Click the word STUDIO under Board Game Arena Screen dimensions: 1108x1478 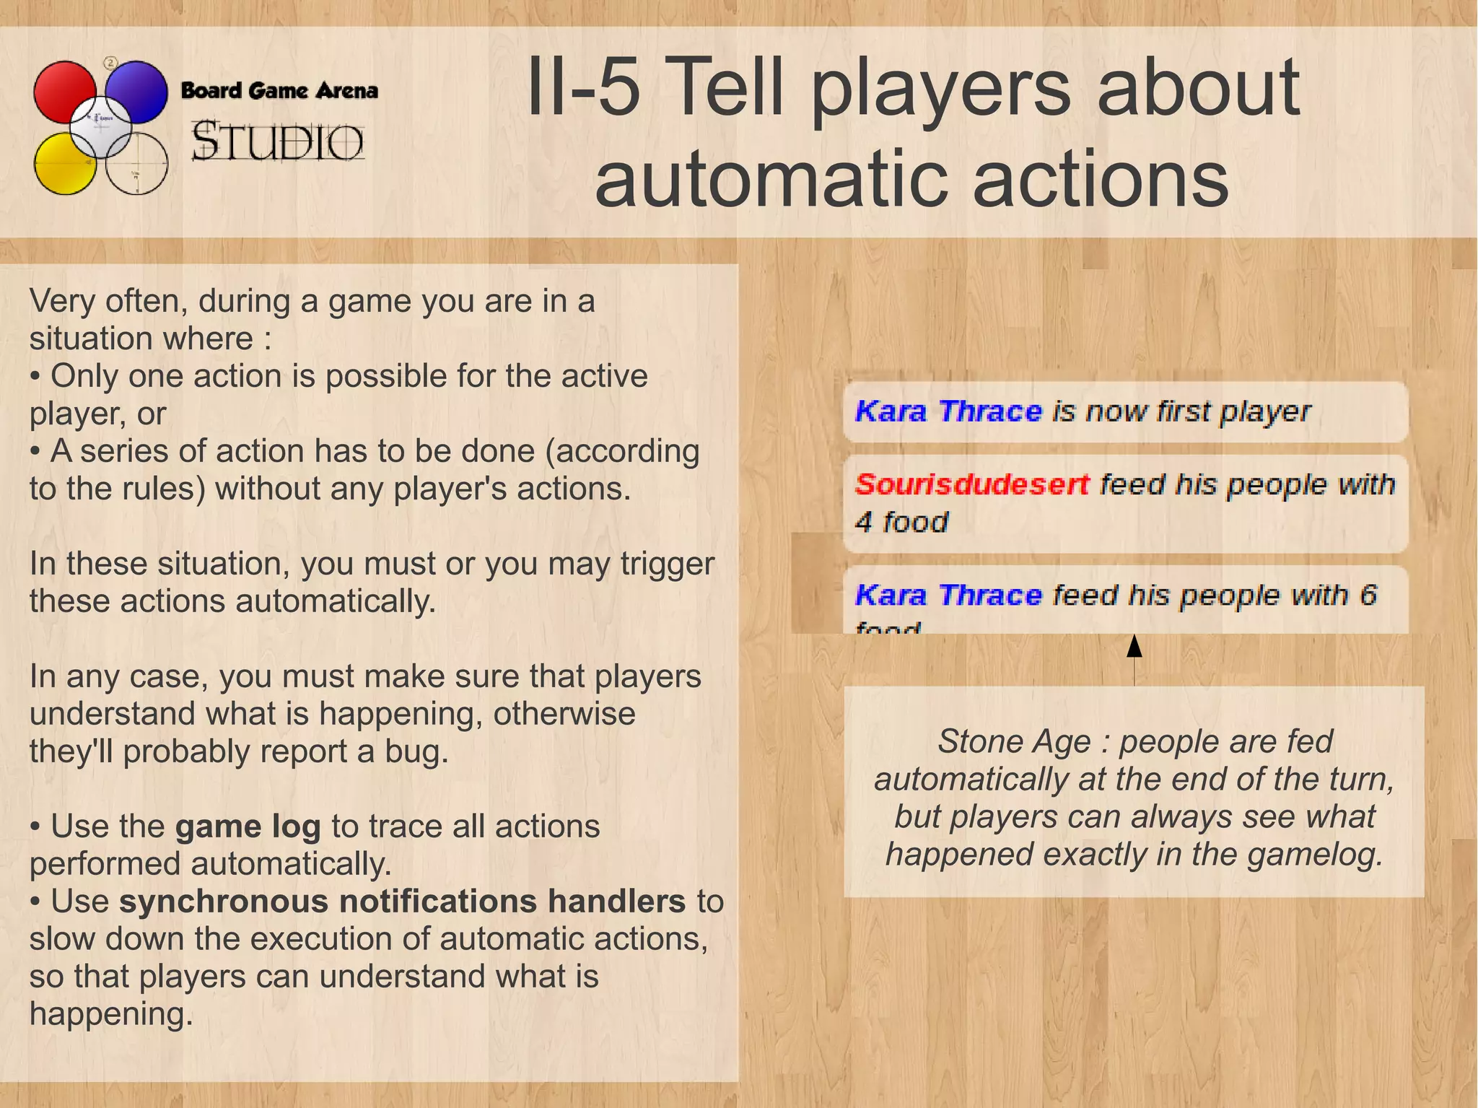point(277,141)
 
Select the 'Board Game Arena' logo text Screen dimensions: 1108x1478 point(279,91)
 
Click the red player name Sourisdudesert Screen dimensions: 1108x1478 point(971,484)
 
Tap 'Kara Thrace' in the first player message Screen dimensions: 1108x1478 point(948,411)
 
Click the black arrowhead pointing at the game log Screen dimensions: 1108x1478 point(1134,646)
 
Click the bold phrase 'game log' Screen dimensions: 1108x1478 point(248,827)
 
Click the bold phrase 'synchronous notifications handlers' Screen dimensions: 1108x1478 point(402,902)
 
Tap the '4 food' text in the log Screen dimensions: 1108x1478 point(901,522)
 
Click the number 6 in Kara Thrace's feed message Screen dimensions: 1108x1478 point(1368,596)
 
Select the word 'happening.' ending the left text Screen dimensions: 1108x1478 point(111,1014)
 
